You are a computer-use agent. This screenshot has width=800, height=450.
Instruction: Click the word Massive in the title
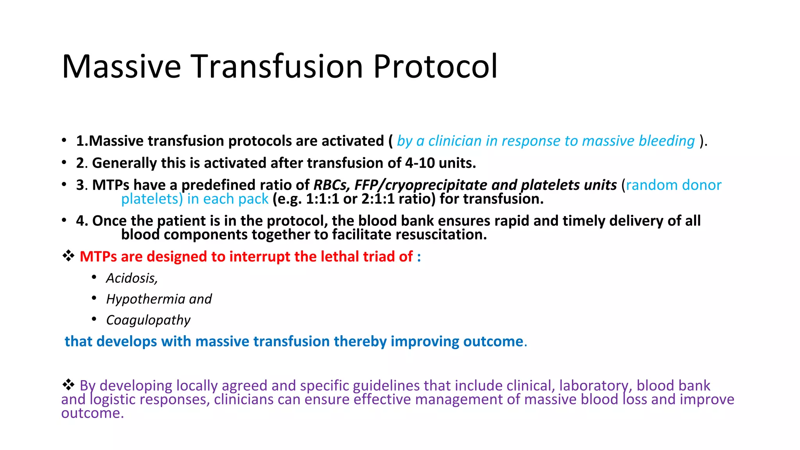(121, 66)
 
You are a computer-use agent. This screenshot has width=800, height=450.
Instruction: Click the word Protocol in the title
(435, 66)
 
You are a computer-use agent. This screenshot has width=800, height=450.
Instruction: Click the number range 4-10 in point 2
(420, 163)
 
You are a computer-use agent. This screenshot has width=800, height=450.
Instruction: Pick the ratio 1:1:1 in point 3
(322, 199)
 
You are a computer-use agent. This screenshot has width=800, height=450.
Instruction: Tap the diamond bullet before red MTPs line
(68, 256)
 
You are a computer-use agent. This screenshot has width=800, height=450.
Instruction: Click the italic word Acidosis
(132, 278)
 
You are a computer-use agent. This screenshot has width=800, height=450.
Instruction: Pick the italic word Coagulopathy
(148, 320)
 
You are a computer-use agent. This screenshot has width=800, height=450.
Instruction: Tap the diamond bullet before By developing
(68, 385)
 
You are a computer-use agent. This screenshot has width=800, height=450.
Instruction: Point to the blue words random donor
(673, 185)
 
